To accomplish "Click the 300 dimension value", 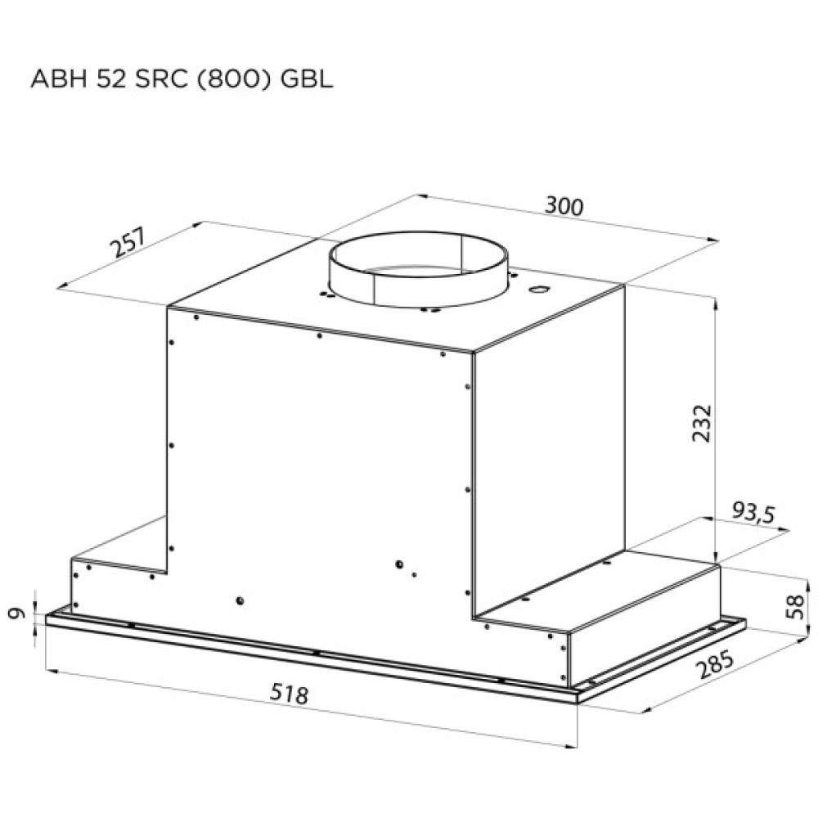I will point(564,207).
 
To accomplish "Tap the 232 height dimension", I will point(702,423).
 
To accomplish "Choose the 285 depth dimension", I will point(713,667).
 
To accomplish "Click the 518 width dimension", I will point(290,694).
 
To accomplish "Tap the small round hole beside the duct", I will point(540,290).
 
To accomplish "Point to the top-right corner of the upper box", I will point(626,285).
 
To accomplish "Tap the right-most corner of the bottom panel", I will point(745,622).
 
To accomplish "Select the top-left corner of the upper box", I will point(168,308).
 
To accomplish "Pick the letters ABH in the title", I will point(53,79).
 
